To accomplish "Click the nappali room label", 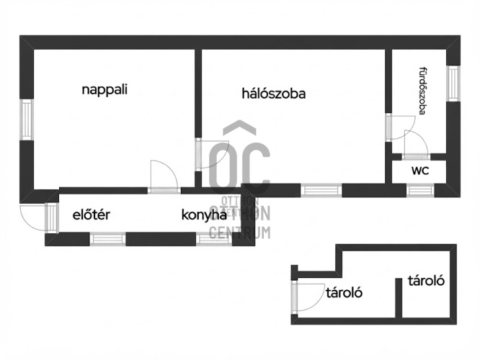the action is point(105,90).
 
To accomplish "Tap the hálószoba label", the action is point(274,94).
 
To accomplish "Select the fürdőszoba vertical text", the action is point(423,91).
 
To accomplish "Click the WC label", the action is point(420,171).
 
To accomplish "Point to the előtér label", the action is point(92,215).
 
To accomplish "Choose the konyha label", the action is point(204,215).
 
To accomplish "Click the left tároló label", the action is point(344,293).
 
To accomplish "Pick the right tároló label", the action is point(426,281).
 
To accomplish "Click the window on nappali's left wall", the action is point(27,120).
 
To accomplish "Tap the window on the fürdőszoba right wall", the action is point(453,84).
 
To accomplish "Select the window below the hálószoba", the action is point(321,190).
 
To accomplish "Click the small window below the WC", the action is point(420,190).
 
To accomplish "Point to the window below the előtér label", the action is point(107,239).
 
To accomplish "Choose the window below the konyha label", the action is point(213,239).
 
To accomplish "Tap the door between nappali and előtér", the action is point(164,177).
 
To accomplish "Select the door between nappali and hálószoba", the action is point(212,154).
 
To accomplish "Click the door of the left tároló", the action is point(308,297).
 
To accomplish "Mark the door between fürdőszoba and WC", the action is point(416,145).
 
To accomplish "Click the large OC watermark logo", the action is point(239,158).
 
